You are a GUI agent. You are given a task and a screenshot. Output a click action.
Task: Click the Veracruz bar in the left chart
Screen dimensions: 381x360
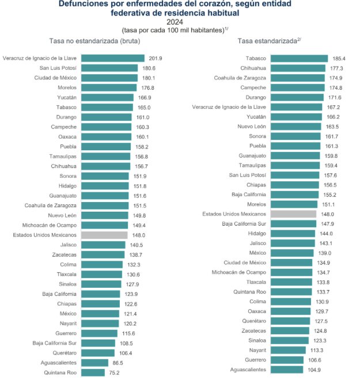coord(113,58)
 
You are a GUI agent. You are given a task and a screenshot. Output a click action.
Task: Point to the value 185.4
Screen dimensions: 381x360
coord(339,58)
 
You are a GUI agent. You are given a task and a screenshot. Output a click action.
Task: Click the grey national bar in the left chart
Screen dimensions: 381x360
coord(104,235)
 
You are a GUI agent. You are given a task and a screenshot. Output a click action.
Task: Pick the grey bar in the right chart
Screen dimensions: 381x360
coord(293,214)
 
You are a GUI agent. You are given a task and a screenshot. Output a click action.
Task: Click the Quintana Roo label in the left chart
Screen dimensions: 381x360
coord(60,372)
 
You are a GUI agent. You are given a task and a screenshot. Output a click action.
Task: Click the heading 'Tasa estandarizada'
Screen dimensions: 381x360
coord(266,41)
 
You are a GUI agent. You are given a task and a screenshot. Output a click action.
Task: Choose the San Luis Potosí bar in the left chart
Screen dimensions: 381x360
coord(109,68)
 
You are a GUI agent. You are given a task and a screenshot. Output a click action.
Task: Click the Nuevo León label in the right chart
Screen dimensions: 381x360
coord(252,126)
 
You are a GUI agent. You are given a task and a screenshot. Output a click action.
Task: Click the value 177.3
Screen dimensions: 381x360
coord(337,68)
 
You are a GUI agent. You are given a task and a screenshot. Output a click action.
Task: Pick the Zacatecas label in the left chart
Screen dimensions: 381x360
coord(63,254)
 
